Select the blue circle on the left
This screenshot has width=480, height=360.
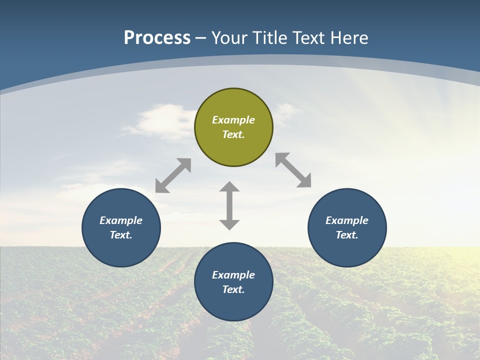point(121,227)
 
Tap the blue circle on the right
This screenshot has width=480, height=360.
point(347,227)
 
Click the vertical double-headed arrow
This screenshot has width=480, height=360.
point(229,205)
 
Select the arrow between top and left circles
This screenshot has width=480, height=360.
point(173,175)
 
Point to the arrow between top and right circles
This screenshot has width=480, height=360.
point(293,170)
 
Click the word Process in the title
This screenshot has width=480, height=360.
point(157,38)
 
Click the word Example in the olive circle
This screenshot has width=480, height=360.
point(233,120)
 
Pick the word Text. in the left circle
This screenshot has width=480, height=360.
point(121,235)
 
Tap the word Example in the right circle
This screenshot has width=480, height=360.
point(347,220)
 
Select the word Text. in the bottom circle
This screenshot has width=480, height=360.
point(233,289)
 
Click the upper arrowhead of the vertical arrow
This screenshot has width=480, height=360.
point(229,187)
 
